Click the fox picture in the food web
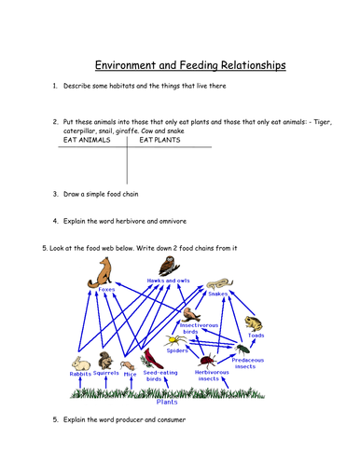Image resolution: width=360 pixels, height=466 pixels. (x=101, y=273)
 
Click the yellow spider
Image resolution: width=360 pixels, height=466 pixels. (x=175, y=340)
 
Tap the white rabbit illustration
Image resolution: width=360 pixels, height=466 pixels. (x=80, y=362)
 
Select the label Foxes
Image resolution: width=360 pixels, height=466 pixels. (x=106, y=291)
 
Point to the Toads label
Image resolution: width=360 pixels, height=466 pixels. (x=256, y=336)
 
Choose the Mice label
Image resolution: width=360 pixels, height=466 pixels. (x=131, y=374)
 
